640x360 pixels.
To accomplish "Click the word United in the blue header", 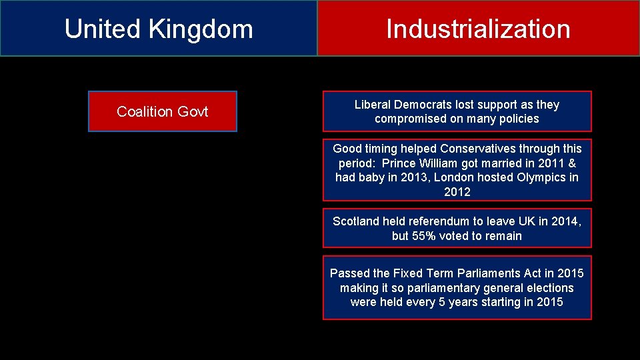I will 102,29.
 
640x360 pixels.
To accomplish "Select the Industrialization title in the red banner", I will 478,29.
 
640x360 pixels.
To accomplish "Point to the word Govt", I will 192,111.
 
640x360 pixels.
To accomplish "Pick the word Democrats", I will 423,105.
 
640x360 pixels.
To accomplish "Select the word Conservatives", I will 477,149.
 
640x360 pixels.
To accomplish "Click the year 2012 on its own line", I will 457,192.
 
